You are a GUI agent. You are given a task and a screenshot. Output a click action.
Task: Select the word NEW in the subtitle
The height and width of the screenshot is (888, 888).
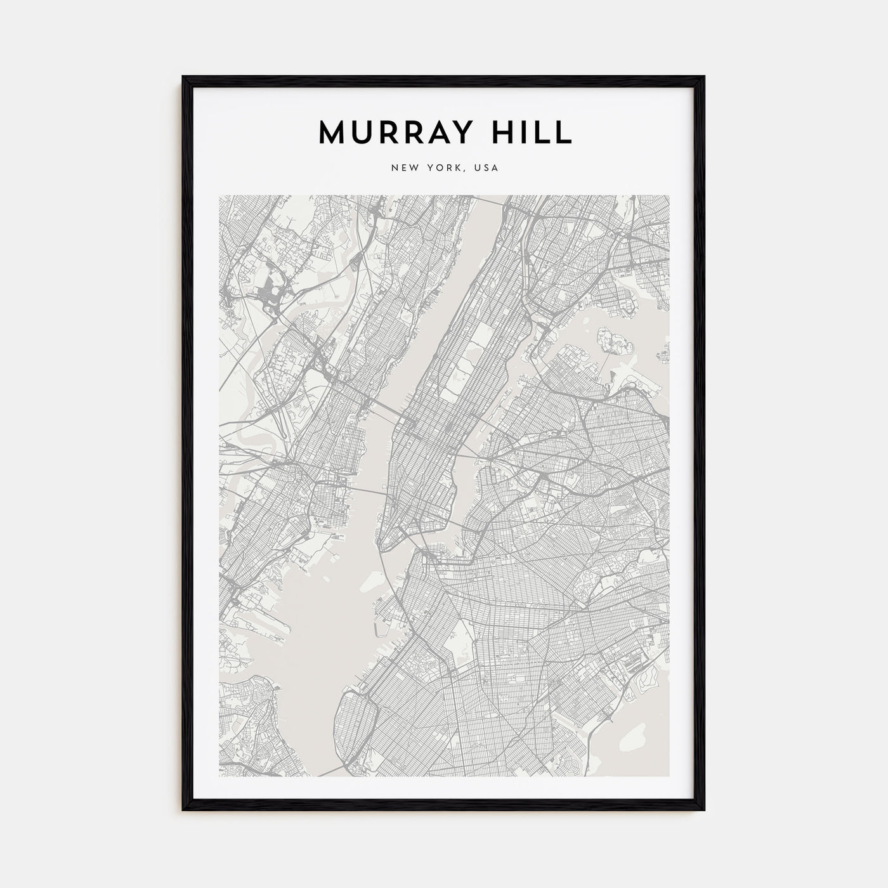tap(404, 168)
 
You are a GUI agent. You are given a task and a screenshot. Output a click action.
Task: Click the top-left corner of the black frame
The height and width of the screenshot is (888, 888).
tap(185, 78)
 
